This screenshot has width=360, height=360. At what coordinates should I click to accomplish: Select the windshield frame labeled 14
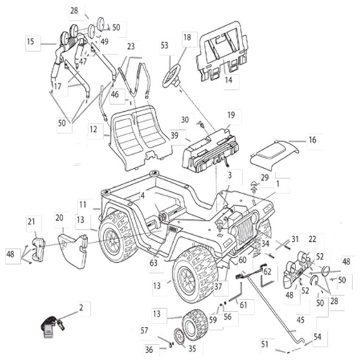pos(222,51)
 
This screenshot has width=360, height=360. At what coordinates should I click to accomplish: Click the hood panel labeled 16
pos(274,154)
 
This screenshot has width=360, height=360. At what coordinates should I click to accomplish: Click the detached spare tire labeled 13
pos(195,325)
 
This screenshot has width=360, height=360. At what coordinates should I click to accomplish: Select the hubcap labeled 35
pos(180,337)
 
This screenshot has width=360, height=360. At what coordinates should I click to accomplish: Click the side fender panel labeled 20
pos(72,250)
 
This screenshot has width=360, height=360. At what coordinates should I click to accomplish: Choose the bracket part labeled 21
pos(38,249)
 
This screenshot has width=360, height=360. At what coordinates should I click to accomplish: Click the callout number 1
pos(278,184)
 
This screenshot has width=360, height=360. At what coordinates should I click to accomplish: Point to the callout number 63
pos(153,263)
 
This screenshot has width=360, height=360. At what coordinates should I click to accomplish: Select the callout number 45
pos(300,320)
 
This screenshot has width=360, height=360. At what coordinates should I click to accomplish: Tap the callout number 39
pos(174,135)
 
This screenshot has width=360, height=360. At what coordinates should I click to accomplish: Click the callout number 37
pos(218,286)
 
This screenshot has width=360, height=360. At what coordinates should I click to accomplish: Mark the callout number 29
pos(265,178)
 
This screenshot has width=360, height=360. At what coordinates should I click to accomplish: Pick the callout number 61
pos(243,304)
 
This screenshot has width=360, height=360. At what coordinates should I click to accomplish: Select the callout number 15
pos(30,41)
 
